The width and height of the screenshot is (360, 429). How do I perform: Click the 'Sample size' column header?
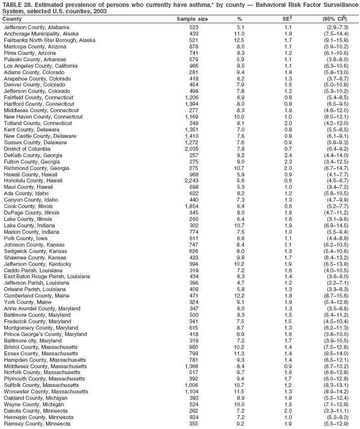[192, 19]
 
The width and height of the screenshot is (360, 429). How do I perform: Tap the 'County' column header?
[12, 19]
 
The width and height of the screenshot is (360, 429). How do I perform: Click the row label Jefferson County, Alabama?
[37, 27]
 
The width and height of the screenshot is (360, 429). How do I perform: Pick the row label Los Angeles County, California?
[41, 66]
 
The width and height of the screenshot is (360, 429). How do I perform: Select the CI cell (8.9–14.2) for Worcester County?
[337, 391]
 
